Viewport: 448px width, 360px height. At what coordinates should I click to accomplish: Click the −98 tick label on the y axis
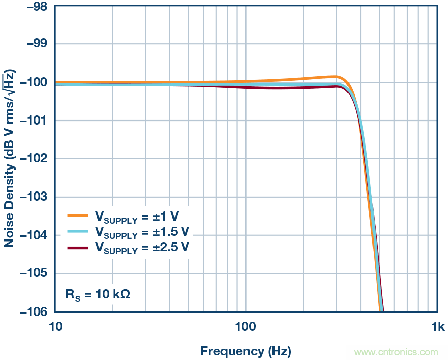pos(34,7)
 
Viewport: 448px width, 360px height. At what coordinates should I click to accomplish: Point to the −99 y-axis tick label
pos(34,44)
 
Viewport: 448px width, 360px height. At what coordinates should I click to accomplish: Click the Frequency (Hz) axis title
pos(245,351)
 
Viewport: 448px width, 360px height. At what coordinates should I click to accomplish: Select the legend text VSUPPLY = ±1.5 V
pos(142,232)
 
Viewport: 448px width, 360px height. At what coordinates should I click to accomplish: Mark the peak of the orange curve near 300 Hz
pos(334,77)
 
